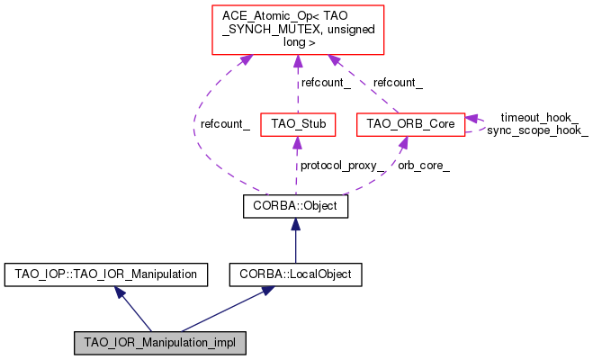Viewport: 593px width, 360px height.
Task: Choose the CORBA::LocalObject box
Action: click(x=295, y=273)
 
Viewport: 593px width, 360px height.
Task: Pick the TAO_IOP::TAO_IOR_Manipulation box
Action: click(x=106, y=273)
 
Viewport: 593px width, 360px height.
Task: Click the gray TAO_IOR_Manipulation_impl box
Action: click(x=160, y=343)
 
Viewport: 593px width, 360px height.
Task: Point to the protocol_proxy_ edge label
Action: click(x=343, y=166)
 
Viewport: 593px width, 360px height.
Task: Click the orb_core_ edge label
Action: click(x=424, y=166)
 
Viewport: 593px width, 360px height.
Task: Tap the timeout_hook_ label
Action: click(x=539, y=117)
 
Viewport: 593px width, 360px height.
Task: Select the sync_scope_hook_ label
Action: click(x=537, y=130)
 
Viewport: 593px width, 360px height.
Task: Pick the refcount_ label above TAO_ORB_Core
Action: click(x=398, y=82)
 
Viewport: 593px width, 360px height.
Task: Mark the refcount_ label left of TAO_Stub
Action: click(x=225, y=123)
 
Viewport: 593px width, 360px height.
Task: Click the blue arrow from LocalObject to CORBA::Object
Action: click(x=295, y=239)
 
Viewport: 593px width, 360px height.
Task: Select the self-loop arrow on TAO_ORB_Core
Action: click(x=477, y=123)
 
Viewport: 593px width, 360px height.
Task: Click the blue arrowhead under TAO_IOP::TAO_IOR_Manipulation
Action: click(x=121, y=292)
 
